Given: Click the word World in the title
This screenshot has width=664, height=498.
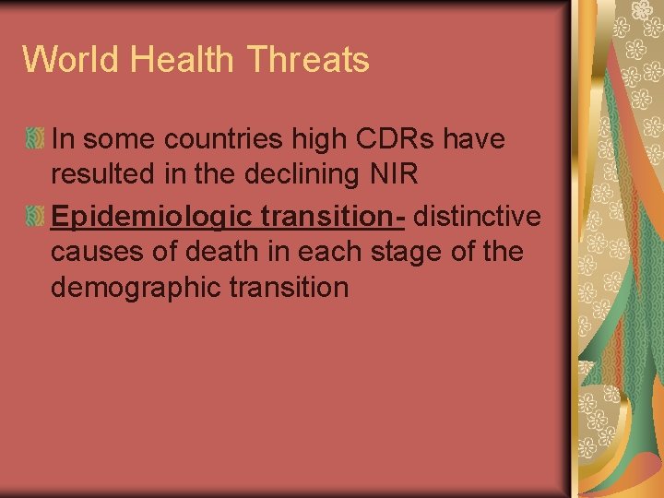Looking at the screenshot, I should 71,60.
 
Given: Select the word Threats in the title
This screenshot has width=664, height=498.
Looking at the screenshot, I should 309,60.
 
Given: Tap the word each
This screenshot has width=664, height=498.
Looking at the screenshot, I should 338,251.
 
